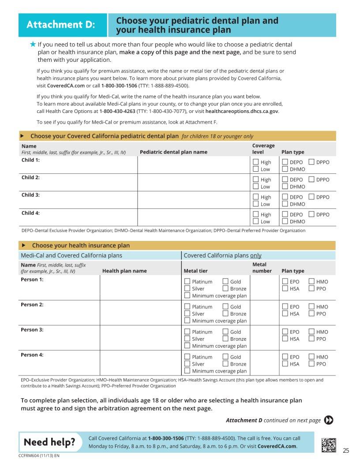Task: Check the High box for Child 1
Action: tap(255, 162)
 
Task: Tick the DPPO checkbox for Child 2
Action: tap(311, 179)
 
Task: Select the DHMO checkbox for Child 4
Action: tap(285, 221)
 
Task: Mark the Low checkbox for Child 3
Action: tap(255, 204)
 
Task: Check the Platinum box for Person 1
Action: tap(187, 282)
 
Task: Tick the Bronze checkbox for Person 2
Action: tap(225, 314)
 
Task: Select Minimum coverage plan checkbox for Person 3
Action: tap(187, 346)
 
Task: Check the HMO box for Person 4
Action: tap(311, 357)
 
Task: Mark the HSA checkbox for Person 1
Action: tap(285, 289)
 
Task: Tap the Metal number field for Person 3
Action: tap(264, 338)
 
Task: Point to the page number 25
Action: tap(346, 451)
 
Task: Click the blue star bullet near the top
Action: tap(33, 44)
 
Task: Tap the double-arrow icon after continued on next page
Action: tap(329, 420)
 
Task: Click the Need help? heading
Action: tap(49, 442)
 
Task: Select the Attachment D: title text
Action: tap(61, 25)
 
